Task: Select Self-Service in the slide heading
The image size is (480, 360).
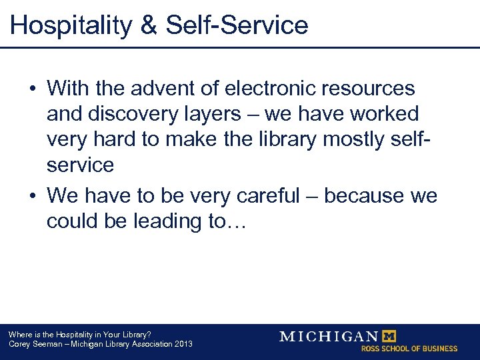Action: click(x=237, y=26)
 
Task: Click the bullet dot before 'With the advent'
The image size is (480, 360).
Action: click(x=32, y=89)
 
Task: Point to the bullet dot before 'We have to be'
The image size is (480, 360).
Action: click(x=32, y=197)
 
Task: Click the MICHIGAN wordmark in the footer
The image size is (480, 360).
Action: click(x=328, y=336)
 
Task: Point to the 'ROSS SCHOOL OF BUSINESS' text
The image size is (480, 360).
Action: click(x=409, y=349)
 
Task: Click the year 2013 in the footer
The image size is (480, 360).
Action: click(x=181, y=344)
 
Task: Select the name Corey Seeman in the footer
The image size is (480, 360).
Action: click(x=31, y=344)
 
